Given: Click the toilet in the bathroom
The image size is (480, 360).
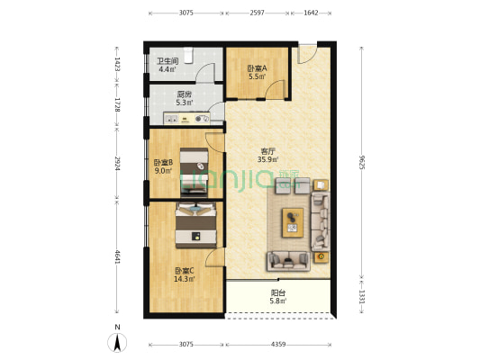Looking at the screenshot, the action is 188,55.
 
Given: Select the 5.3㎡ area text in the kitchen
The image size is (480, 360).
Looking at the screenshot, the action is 185,103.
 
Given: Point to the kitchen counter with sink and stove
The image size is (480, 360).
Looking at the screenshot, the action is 186,119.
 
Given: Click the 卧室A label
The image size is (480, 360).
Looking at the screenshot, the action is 257,68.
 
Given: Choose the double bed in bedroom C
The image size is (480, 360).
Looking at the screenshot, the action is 196,225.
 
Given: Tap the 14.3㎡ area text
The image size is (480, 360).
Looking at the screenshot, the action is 185,279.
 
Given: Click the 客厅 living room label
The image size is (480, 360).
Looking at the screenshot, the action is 267,151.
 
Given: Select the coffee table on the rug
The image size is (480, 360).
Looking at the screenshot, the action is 293,222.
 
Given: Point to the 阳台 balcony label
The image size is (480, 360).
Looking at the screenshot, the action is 278,292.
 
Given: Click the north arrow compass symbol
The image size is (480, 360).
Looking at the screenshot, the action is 117,343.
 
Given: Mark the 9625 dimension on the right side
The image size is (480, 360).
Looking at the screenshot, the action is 361,162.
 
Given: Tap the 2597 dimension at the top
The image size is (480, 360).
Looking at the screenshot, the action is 257,13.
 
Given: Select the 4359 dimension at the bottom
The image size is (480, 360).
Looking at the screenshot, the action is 278,345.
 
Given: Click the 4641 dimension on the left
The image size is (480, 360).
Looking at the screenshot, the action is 117,257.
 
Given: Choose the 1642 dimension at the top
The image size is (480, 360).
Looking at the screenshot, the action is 311,13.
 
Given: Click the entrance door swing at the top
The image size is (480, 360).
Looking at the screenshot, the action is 307,55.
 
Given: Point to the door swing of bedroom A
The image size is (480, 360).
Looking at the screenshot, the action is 275,89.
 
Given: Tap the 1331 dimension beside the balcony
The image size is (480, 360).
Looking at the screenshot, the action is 361,297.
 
